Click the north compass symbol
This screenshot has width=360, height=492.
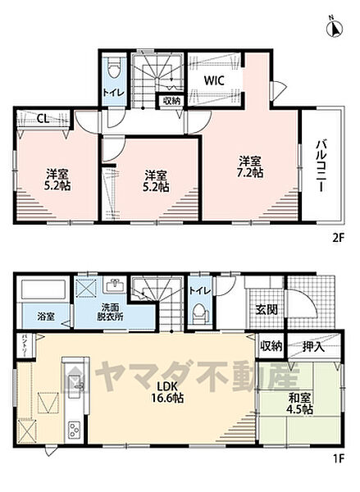335,26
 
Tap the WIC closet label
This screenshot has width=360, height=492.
216,80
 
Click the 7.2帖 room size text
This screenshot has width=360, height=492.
251,173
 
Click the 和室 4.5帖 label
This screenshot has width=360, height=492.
299,406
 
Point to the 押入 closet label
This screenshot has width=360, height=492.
313,348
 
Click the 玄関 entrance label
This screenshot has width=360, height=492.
266,308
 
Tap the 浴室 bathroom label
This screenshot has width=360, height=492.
44,315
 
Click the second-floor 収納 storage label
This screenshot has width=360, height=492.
171,102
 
